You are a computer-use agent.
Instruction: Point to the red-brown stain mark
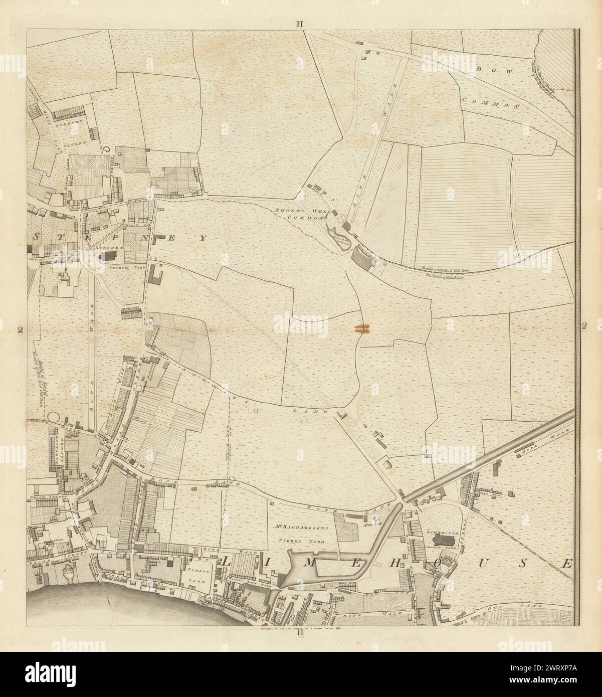pos(361,329)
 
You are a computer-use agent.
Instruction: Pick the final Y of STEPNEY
pos(203,239)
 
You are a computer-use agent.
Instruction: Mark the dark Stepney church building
pos(108,256)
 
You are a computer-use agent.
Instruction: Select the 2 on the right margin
pos(584,326)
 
